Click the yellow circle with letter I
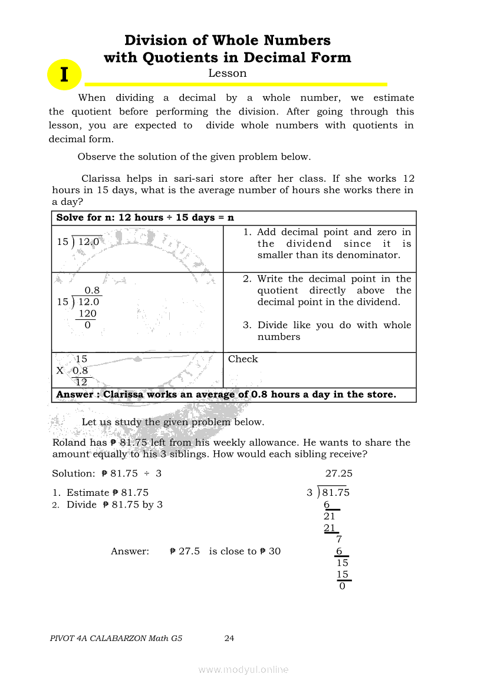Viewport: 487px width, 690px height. (x=64, y=75)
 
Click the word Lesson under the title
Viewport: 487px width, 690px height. (x=228, y=73)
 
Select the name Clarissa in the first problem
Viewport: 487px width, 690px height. (x=101, y=178)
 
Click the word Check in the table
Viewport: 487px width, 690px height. (x=243, y=359)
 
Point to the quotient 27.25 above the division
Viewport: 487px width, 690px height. (x=339, y=473)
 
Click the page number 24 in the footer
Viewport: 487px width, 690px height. (x=229, y=638)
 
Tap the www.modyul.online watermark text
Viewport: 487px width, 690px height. (x=244, y=669)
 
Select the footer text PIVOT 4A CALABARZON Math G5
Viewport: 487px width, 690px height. (x=116, y=638)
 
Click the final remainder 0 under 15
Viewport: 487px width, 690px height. (x=342, y=586)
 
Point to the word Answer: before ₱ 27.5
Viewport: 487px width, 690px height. (x=130, y=551)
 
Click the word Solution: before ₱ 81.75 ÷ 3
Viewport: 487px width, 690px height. (x=73, y=473)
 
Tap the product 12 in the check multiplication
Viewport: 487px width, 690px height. (x=81, y=382)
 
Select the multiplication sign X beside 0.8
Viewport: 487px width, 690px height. (x=60, y=371)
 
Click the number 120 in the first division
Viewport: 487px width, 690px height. (x=87, y=313)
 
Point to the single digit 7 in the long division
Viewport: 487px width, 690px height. (x=339, y=539)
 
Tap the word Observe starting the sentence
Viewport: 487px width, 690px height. (x=97, y=156)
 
